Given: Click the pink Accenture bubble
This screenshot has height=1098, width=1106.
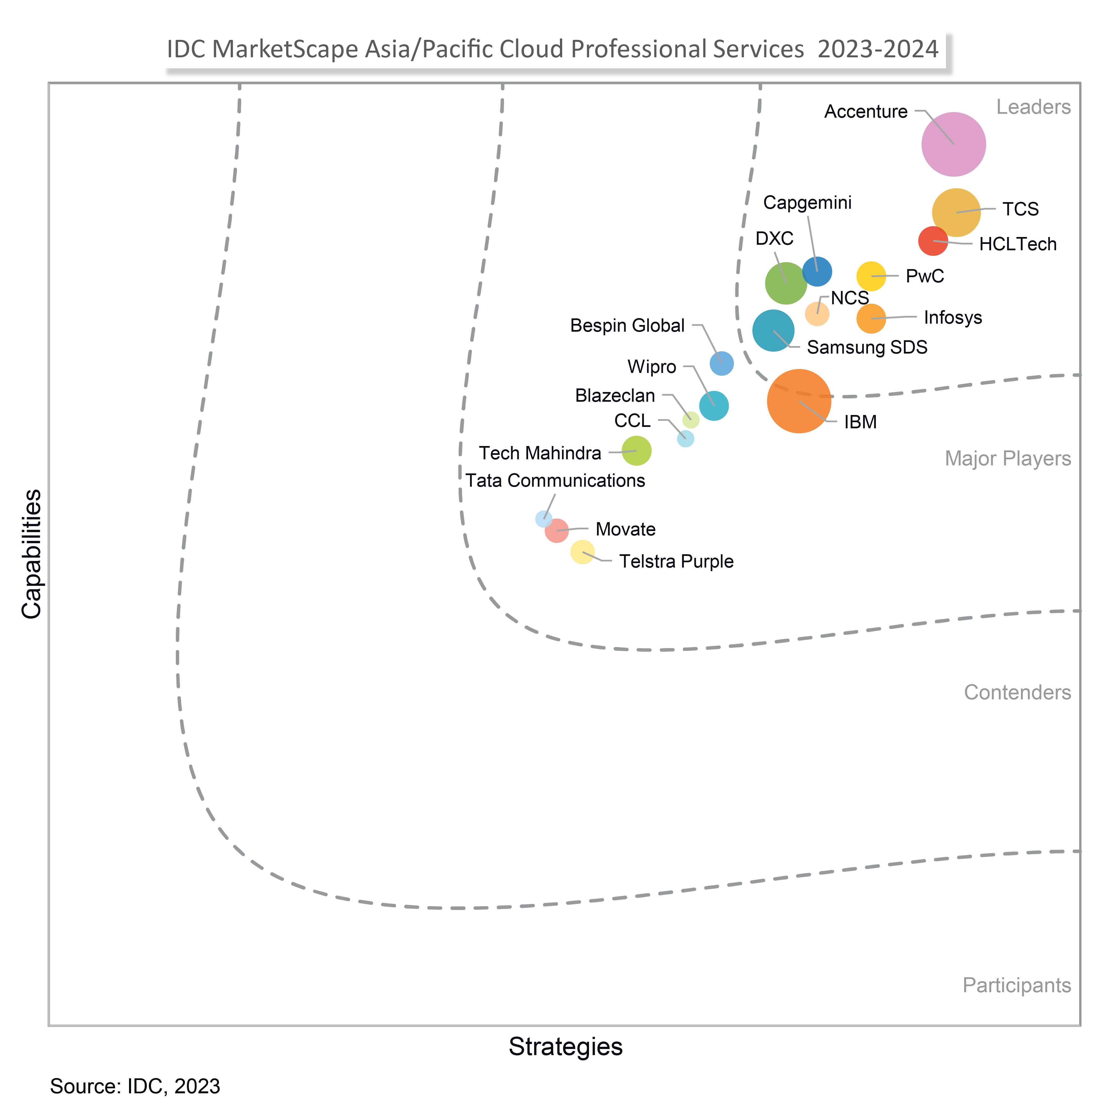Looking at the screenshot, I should point(953,144).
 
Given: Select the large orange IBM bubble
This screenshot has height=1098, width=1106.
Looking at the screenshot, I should point(799,401).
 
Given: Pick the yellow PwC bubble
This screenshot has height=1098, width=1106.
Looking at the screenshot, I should point(871,276).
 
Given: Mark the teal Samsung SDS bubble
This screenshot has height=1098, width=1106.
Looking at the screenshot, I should point(773,330).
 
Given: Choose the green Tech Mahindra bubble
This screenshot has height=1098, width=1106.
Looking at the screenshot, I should point(636,451).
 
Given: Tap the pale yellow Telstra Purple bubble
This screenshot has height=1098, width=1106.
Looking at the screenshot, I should point(582,552).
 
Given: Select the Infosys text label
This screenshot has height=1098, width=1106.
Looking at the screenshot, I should point(953,318).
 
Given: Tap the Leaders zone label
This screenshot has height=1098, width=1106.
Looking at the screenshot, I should point(1033,107).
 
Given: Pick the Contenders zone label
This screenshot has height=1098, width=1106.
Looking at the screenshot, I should point(1017,693).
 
